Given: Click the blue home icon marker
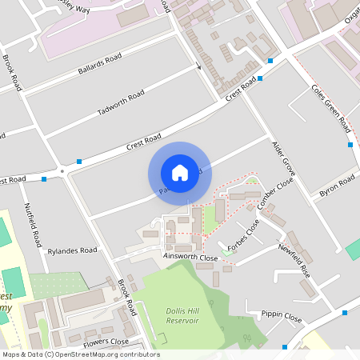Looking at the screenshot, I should (180, 173).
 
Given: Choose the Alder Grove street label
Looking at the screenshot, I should (284, 160).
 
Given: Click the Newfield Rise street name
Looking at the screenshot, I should (294, 260).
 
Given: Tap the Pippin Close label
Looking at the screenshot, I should (282, 317).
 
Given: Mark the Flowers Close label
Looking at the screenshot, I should (106, 342).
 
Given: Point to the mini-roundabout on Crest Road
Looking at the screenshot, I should (61, 170).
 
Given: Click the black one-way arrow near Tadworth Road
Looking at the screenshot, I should (198, 67).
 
